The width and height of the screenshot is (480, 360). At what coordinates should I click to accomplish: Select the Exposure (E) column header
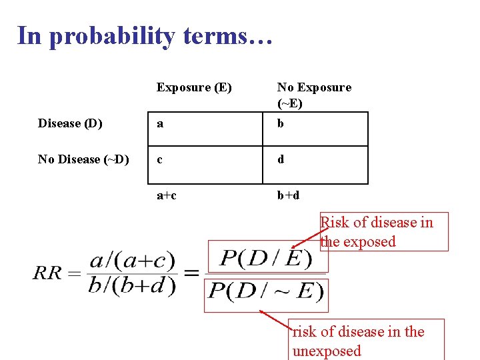194,87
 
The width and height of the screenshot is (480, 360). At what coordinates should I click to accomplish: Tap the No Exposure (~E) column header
314,95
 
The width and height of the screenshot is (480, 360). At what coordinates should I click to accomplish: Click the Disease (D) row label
70,123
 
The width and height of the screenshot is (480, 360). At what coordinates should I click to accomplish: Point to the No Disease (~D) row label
83,159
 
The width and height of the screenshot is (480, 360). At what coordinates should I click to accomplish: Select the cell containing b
315,129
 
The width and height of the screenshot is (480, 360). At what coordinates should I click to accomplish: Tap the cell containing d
315,165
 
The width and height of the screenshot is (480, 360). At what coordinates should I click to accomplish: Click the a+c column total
167,195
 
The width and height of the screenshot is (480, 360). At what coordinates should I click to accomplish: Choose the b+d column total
288,195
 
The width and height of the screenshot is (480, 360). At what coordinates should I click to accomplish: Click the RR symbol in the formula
48,273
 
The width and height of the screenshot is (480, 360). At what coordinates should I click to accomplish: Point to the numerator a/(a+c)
132,260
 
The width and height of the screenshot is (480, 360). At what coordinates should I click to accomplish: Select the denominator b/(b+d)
132,285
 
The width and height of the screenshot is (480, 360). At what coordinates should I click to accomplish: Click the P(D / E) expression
267,257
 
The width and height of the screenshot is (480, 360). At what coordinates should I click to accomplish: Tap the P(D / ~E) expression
267,291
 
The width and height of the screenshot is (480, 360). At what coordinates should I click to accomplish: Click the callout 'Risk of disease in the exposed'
383,231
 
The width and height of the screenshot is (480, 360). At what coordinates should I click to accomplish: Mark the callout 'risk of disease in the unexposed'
367,340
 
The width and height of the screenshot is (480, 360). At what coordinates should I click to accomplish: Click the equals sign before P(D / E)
192,273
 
